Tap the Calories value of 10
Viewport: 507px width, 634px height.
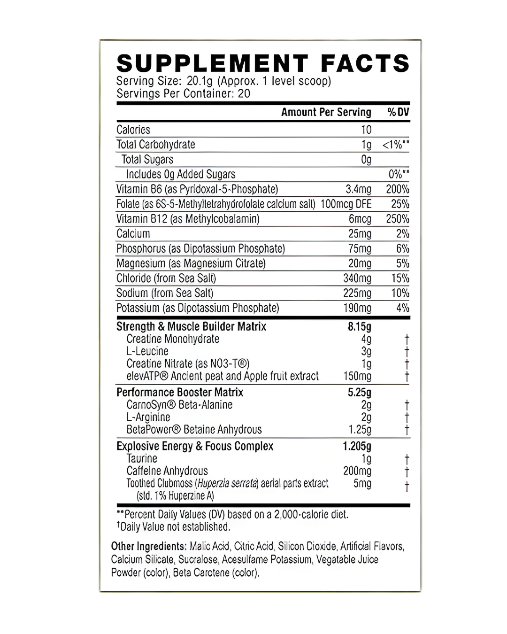coord(366,130)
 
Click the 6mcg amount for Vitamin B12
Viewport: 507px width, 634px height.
coord(360,219)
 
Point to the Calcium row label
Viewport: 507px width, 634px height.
coord(133,234)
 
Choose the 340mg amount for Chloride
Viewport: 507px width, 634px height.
coord(357,278)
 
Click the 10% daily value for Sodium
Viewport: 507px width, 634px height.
coord(400,293)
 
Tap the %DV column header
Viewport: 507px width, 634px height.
coord(398,112)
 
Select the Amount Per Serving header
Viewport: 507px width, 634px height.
coord(326,112)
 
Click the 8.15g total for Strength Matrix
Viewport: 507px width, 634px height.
coord(359,326)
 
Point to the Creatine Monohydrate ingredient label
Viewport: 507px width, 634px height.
coord(173,339)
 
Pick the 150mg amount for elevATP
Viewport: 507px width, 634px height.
coord(357,376)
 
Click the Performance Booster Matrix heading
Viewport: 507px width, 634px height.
coord(180,392)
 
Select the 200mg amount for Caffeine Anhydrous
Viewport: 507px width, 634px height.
coord(357,471)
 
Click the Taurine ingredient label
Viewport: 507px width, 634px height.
coord(142,459)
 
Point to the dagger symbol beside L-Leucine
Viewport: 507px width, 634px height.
coord(407,352)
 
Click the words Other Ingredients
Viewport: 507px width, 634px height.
coord(148,547)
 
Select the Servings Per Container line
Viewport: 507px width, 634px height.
coord(183,93)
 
